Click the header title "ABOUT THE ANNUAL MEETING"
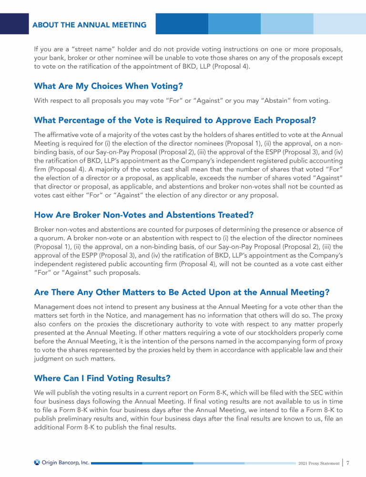tap(90, 25)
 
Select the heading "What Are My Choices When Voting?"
tap(109, 86)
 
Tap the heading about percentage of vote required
tap(175, 119)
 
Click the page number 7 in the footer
tap(348, 462)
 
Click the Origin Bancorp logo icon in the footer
tap(37, 462)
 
